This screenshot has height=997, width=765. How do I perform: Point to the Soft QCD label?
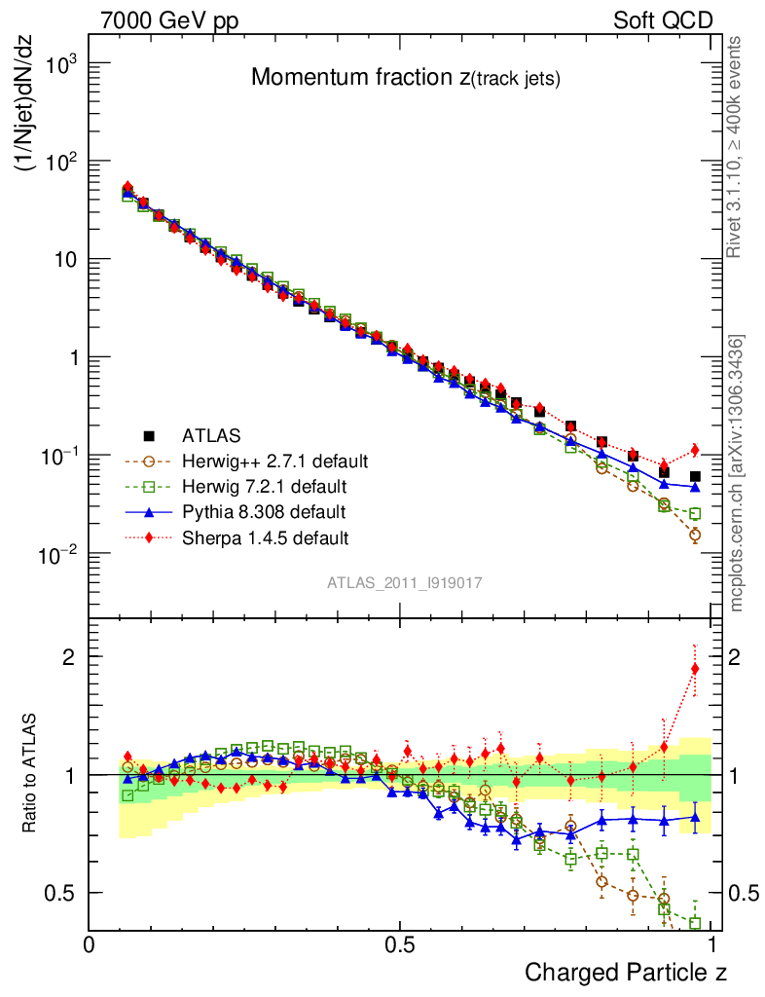point(663,19)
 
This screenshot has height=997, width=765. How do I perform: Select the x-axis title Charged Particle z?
point(626,972)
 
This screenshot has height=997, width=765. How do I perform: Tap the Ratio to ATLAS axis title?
point(29,774)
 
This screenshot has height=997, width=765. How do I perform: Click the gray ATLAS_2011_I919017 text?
point(405,582)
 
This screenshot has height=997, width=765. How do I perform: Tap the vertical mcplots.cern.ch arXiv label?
point(737,473)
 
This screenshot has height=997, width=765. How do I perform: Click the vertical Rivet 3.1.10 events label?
point(737,146)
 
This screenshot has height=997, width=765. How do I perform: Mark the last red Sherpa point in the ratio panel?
point(695,669)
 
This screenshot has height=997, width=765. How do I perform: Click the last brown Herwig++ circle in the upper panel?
point(695,535)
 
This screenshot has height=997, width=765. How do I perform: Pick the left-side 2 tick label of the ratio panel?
point(67,657)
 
